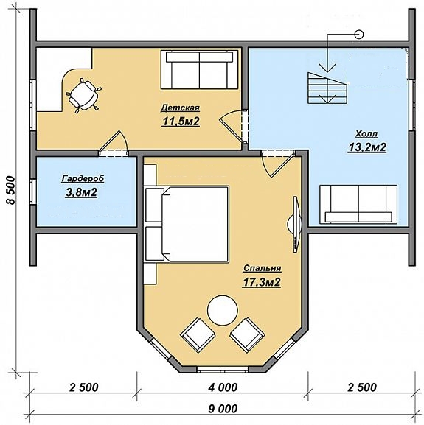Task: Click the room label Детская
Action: click(x=180, y=108)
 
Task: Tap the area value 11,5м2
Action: click(x=181, y=122)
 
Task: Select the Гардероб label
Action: click(x=83, y=179)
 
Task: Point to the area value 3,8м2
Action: click(x=81, y=192)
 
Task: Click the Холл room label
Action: click(x=366, y=134)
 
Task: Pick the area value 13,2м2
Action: click(x=367, y=147)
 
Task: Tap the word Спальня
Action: click(x=262, y=268)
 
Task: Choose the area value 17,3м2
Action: click(x=261, y=282)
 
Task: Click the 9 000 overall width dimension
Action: click(x=223, y=409)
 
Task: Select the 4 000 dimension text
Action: click(x=223, y=387)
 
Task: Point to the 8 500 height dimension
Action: click(x=11, y=190)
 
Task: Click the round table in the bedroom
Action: click(x=223, y=310)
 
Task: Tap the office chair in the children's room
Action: click(x=84, y=96)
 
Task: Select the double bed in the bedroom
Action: click(x=187, y=224)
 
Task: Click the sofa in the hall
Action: click(x=358, y=204)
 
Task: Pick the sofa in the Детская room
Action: click(x=199, y=69)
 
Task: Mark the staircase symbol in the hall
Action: click(x=327, y=88)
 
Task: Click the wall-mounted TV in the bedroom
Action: click(x=295, y=225)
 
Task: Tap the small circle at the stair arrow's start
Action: click(x=359, y=35)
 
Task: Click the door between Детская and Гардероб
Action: click(x=114, y=144)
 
